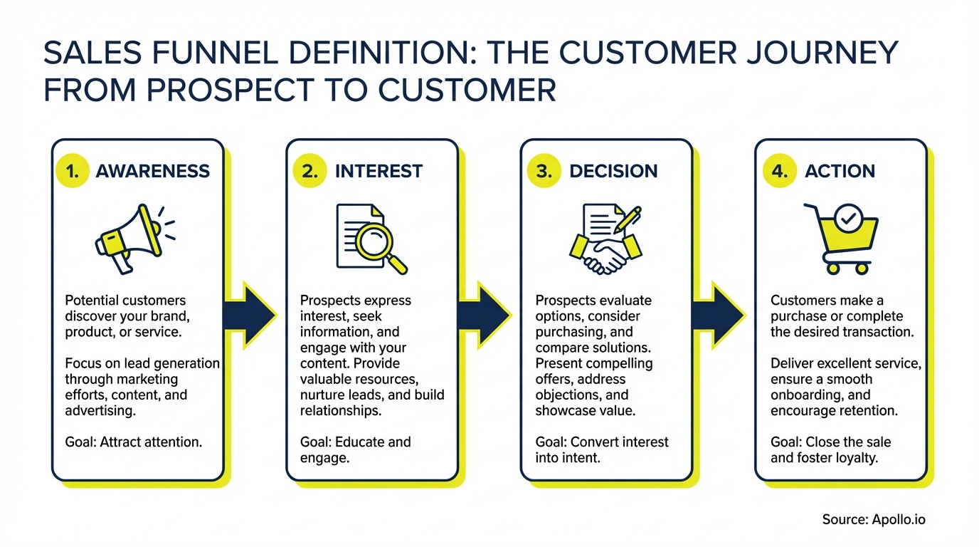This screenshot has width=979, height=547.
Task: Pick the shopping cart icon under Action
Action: (840, 239)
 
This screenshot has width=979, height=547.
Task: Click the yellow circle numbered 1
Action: (72, 171)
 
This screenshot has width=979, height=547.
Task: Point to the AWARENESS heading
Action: (152, 172)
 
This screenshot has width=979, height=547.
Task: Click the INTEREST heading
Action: (379, 172)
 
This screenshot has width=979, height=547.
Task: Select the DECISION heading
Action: (613, 172)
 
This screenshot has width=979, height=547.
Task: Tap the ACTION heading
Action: (840, 172)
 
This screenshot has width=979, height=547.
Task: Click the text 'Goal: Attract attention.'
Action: (134, 442)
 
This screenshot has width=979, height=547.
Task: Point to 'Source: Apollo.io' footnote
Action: (874, 519)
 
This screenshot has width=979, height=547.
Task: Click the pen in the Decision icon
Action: (625, 220)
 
